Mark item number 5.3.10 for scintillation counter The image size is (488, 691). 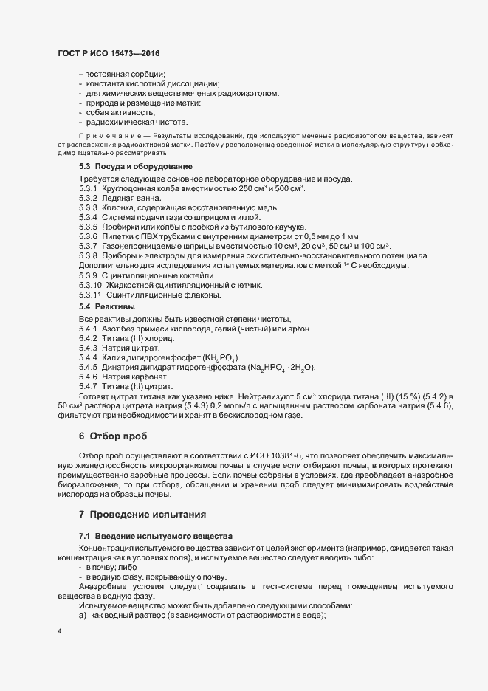tap(90, 285)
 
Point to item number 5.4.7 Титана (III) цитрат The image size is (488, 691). tap(88, 386)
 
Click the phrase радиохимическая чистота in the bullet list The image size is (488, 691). tap(137, 122)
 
